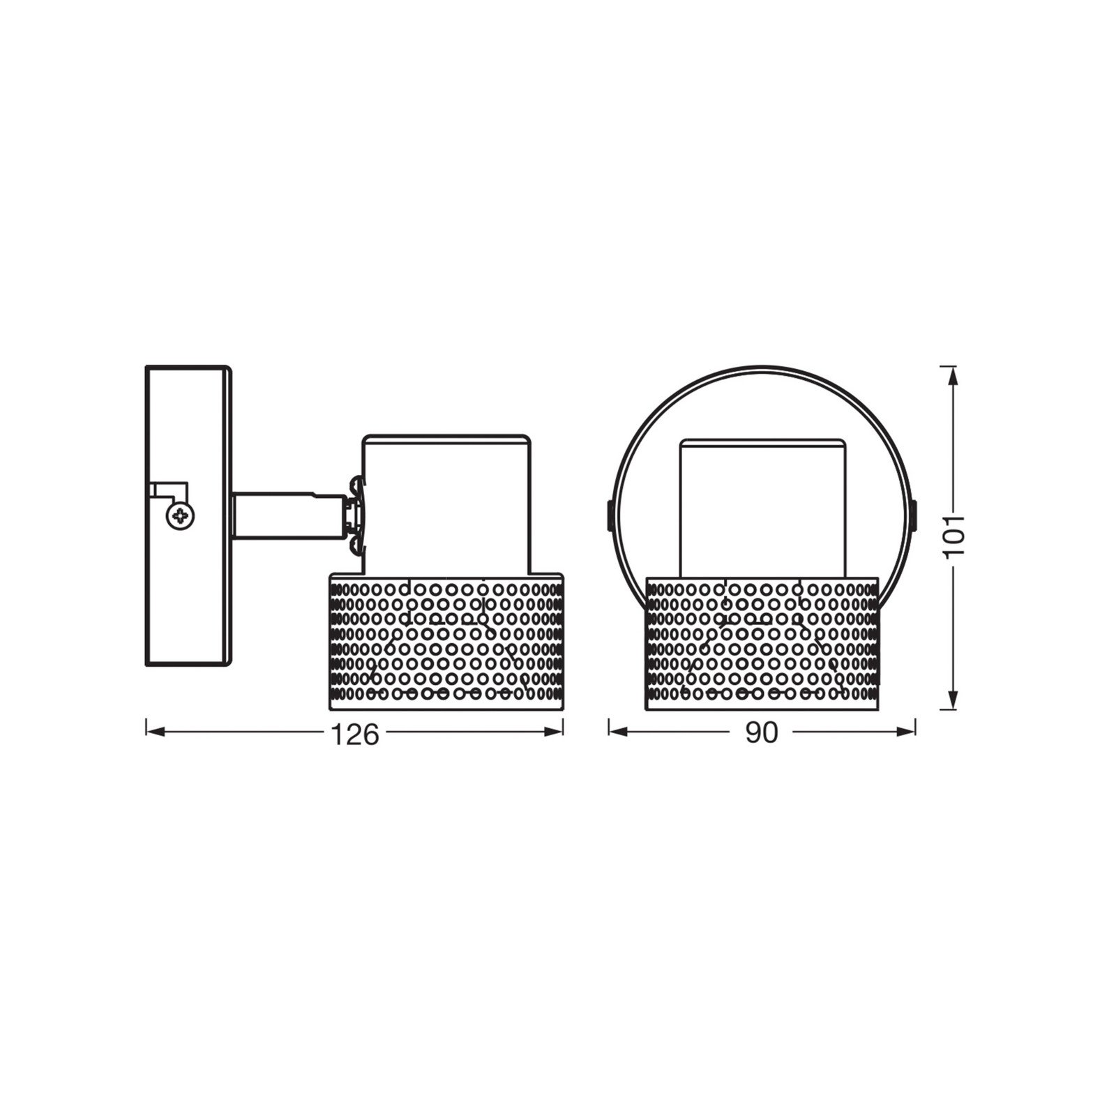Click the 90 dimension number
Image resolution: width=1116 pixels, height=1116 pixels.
tap(761, 732)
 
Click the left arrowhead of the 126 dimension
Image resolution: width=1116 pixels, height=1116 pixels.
tap(155, 732)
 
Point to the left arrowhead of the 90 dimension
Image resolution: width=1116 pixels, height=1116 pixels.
tap(618, 732)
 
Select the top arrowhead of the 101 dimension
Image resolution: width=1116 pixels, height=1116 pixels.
tap(953, 375)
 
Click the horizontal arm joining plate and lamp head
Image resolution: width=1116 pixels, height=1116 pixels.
tap(286, 515)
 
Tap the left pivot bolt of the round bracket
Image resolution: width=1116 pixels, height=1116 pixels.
tap(608, 515)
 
